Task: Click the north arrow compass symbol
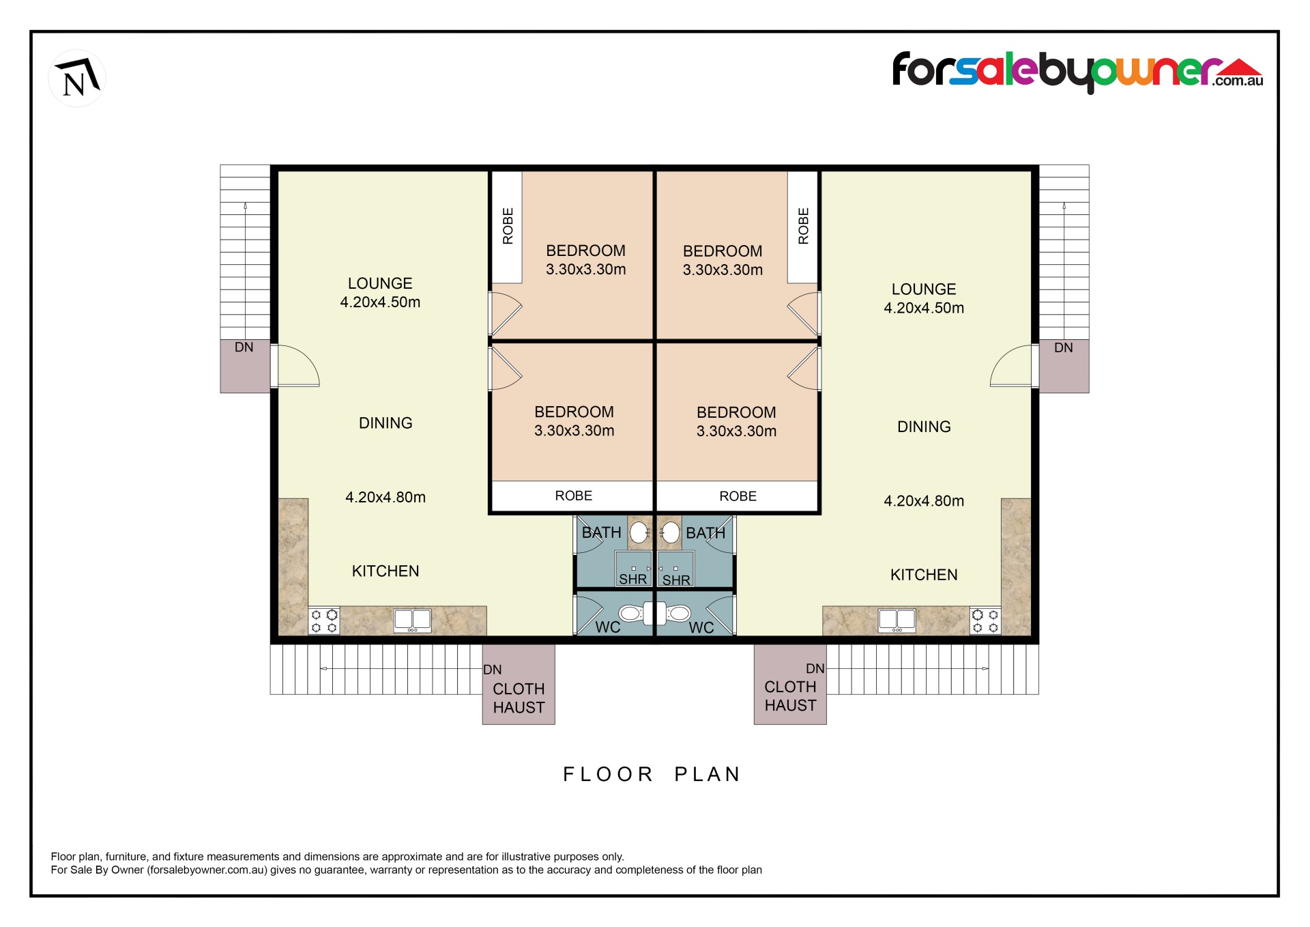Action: point(77,78)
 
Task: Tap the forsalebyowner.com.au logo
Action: point(1078,72)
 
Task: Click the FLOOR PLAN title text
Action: point(652,774)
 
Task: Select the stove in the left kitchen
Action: point(324,621)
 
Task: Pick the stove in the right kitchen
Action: point(985,621)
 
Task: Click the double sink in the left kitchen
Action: point(413,620)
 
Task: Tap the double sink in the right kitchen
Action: point(897,620)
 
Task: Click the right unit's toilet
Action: point(674,614)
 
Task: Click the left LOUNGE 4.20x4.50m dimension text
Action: point(380,302)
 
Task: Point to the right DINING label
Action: point(924,427)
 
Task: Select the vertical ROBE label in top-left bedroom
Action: point(508,226)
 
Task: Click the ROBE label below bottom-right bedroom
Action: point(738,496)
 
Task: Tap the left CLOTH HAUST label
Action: point(519,698)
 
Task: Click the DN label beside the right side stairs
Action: point(1063,347)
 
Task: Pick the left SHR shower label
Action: point(632,579)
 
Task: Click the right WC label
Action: point(701,627)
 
